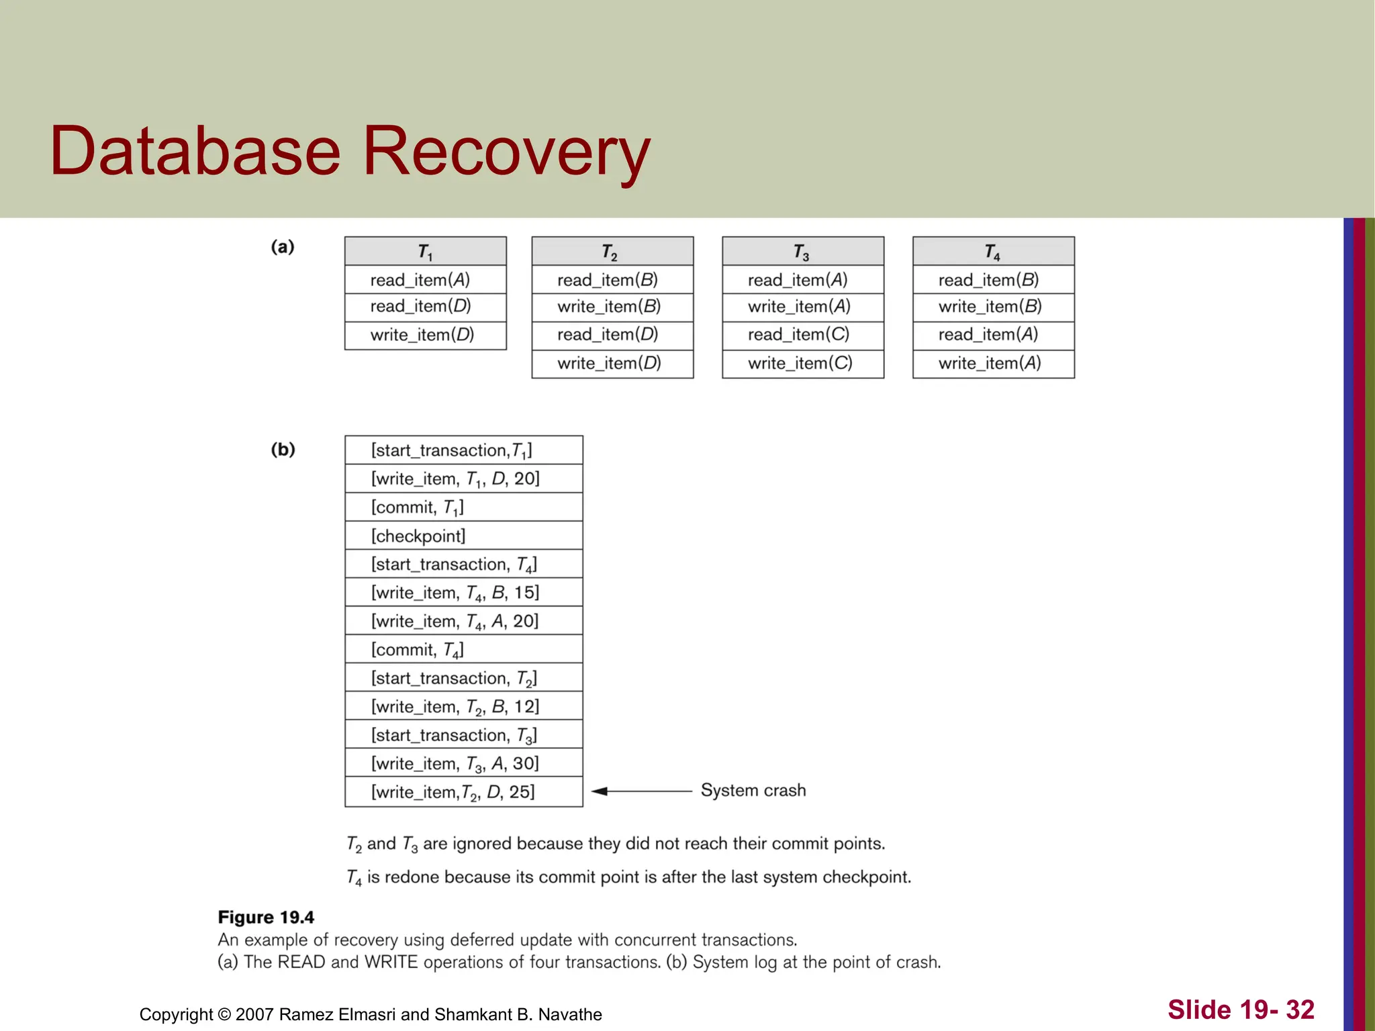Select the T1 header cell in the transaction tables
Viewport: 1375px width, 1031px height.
tap(425, 252)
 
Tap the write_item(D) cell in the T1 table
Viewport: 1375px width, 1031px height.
tap(422, 335)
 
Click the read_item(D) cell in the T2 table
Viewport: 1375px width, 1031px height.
tap(608, 334)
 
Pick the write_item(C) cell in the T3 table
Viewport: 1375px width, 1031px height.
tap(800, 363)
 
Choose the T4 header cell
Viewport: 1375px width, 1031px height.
tap(992, 252)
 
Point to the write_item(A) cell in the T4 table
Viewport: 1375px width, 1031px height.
tap(990, 363)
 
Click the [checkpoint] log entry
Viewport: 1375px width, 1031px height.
tap(418, 536)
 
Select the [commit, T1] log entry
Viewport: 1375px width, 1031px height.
tap(418, 507)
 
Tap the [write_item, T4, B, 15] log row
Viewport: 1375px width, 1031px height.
tap(455, 593)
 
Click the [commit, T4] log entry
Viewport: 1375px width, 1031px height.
tap(418, 650)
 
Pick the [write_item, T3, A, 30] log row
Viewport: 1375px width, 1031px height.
tap(455, 763)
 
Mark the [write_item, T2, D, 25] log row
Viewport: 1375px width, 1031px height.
tap(453, 792)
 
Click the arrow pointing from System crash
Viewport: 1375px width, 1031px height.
tap(641, 791)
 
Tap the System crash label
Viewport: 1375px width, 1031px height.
tap(753, 790)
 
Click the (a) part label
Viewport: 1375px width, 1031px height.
tap(283, 247)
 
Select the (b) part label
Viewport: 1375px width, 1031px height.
tap(283, 449)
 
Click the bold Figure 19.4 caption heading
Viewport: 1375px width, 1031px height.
tap(266, 917)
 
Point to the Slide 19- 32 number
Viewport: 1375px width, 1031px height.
tap(1241, 1010)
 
